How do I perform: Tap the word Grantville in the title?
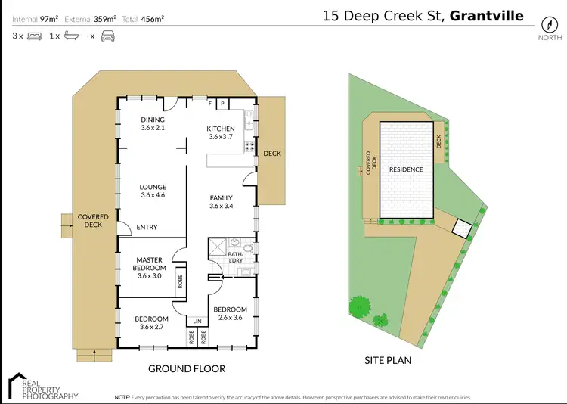click(486, 15)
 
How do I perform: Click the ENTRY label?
click(147, 227)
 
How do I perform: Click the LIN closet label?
click(197, 321)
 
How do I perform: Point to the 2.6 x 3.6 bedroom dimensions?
click(230, 318)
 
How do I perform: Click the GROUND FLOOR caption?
click(187, 368)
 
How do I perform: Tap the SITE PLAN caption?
click(388, 360)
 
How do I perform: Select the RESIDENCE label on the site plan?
click(406, 169)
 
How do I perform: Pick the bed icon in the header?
click(34, 36)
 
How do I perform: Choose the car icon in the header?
click(107, 36)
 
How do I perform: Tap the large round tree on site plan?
click(359, 306)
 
